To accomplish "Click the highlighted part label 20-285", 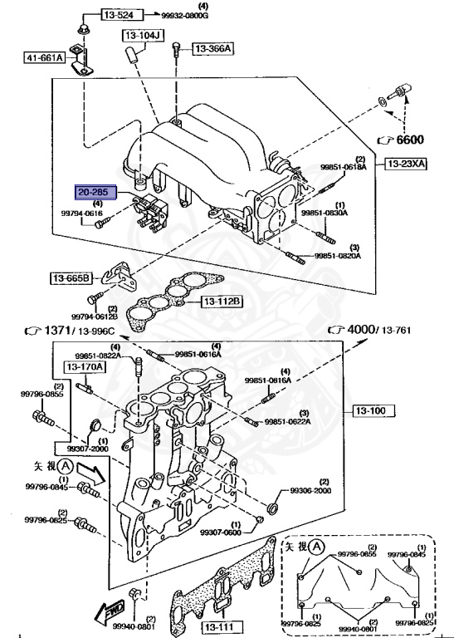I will pyautogui.click(x=92, y=191).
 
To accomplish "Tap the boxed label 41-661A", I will pyautogui.click(x=41, y=58).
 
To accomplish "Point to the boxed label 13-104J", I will pyautogui.click(x=144, y=36).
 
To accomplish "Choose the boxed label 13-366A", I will pyautogui.click(x=213, y=49).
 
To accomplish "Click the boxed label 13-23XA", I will pyautogui.click(x=404, y=164).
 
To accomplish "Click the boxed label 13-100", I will pyautogui.click(x=374, y=410).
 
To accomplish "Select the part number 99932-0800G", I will pyautogui.click(x=185, y=16).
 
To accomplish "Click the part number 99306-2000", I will pyautogui.click(x=310, y=491).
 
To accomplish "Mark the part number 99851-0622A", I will pyautogui.click(x=310, y=422).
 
